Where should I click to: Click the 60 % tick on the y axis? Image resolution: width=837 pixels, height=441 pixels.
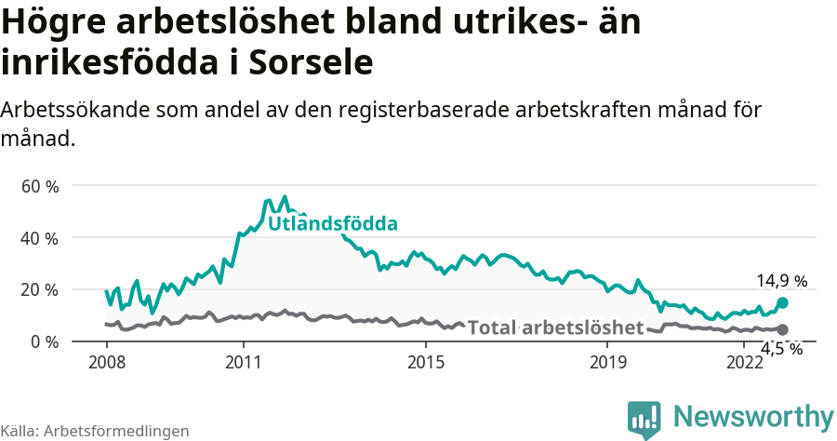coord(39,186)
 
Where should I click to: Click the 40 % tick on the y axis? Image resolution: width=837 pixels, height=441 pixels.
coord(39,238)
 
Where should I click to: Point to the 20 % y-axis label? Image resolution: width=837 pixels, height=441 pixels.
coord(39,289)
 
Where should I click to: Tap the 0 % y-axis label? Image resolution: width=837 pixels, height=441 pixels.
coord(43,341)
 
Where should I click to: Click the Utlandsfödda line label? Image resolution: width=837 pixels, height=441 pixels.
coord(333,224)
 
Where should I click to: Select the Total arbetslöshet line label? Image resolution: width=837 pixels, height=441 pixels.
coord(555,327)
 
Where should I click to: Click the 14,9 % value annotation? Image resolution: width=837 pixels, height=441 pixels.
coord(781,280)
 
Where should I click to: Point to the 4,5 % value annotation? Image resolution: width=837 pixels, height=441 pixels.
coord(781,349)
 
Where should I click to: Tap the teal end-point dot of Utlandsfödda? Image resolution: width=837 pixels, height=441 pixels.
coord(782,302)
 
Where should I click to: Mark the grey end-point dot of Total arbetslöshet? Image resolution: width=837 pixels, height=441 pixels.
coord(782,329)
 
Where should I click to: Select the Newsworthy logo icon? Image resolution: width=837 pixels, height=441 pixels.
coord(644,419)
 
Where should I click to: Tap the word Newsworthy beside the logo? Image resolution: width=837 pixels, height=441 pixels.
coord(753,416)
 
